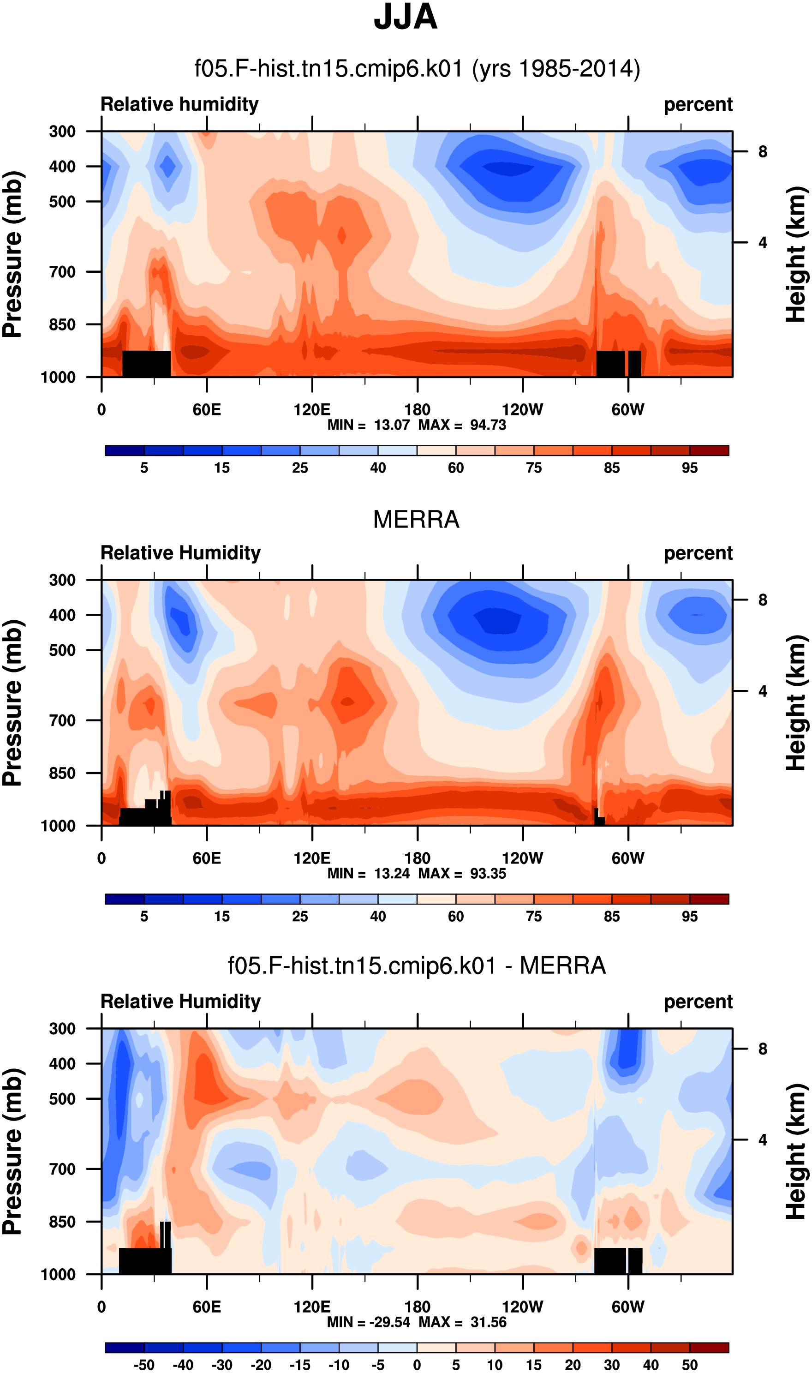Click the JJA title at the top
coord(406,17)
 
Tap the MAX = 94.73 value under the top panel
coord(462,425)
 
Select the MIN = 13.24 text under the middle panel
coord(369,874)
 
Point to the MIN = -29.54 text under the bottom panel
coord(369,1323)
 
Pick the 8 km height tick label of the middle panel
coord(763,600)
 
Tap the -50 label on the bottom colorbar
coord(144,1365)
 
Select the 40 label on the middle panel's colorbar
coord(378,917)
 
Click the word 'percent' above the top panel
coord(698,104)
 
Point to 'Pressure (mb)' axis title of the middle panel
coord(12,703)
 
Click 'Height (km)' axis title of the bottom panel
coord(797,1152)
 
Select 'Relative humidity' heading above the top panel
coord(179,104)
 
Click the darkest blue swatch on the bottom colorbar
coord(124,1347)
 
